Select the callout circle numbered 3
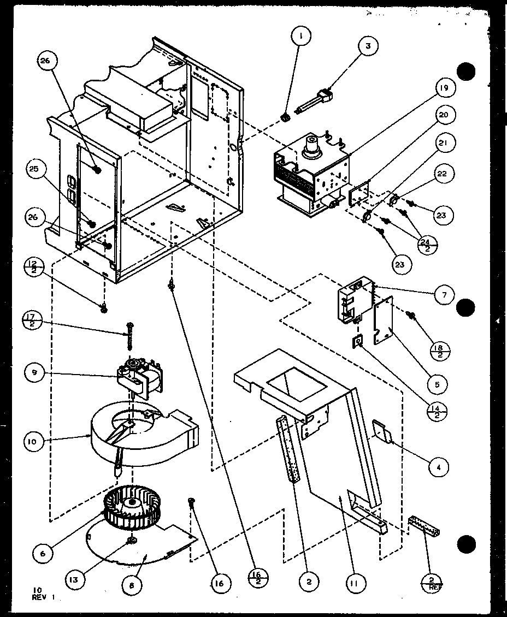368,46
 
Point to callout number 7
444,295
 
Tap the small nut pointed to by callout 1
284,116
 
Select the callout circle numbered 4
439,467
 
